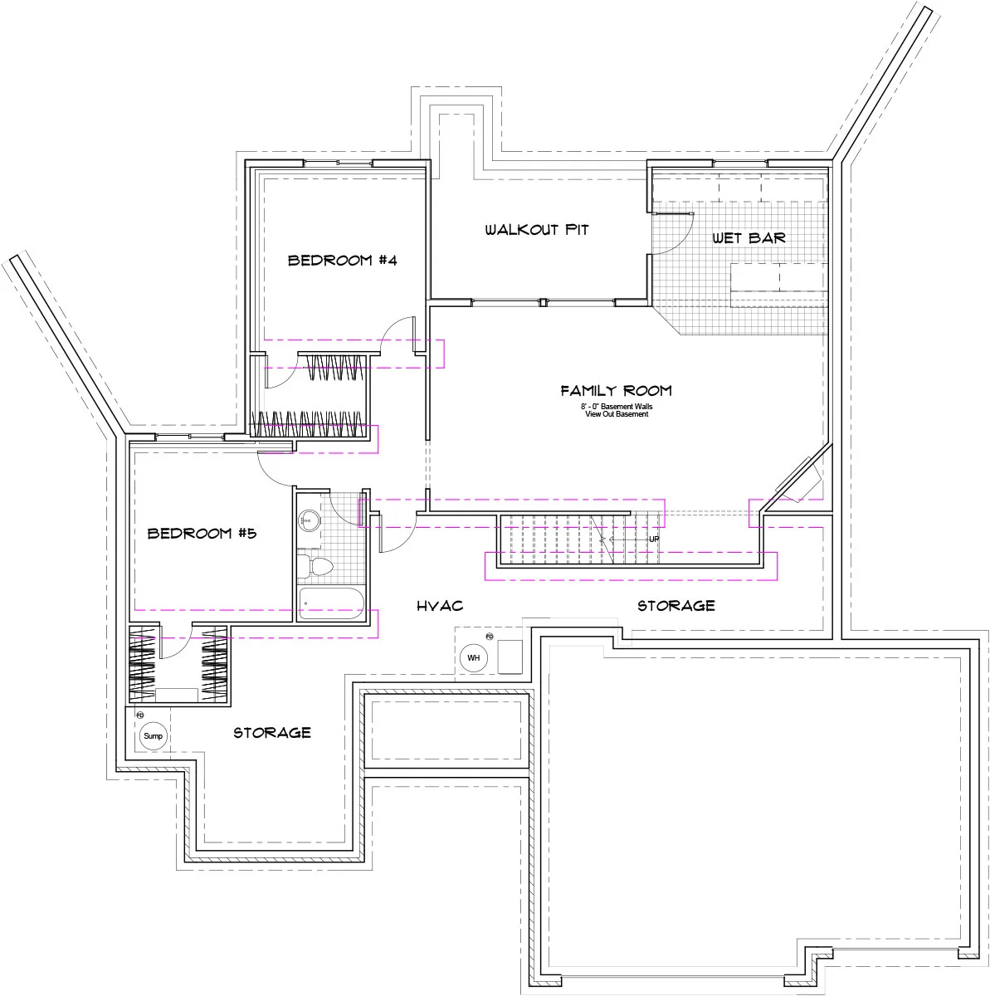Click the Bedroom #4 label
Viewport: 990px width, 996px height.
[x=342, y=260]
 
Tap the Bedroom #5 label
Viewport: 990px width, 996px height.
[x=202, y=533]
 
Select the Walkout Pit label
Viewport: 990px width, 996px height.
[x=537, y=229]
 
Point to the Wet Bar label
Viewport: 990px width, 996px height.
[x=749, y=237]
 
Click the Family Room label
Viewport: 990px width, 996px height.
[x=617, y=390]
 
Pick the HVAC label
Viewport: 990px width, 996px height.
[x=440, y=606]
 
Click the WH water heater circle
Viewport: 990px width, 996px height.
[x=474, y=657]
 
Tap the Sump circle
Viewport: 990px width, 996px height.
[x=153, y=735]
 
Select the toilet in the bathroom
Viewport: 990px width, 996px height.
[x=315, y=567]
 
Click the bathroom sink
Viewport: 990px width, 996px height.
[x=309, y=520]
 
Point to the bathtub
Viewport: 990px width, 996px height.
[x=331, y=603]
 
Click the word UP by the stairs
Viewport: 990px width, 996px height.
[x=654, y=539]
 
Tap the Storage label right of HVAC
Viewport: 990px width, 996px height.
[x=676, y=606]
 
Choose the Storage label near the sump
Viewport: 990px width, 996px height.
[x=272, y=732]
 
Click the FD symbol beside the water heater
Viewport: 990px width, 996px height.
[x=490, y=637]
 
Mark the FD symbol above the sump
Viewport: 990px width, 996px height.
[x=139, y=715]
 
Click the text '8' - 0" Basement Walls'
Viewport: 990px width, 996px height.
[x=617, y=406]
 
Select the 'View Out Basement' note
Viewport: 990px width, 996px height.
[x=617, y=414]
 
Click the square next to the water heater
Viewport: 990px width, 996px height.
[x=510, y=657]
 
